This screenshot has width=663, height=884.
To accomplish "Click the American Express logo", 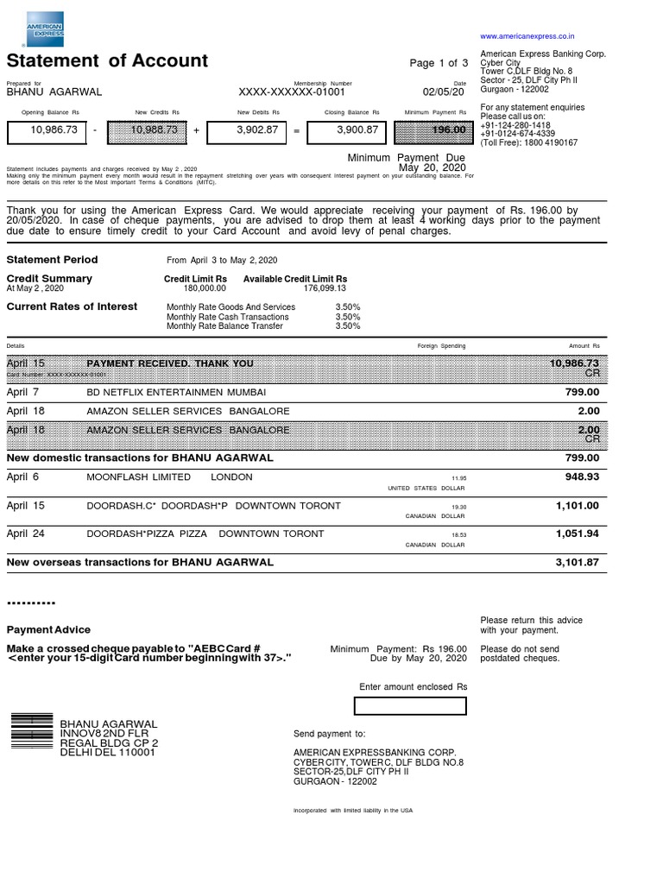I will click(45, 29).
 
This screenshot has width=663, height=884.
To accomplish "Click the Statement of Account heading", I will click(107, 60).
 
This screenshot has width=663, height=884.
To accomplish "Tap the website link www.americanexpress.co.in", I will click(527, 36).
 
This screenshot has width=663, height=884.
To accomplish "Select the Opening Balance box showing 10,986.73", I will click(46, 130).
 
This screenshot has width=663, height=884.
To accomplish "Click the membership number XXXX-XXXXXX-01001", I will click(292, 92).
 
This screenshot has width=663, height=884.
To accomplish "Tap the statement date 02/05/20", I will click(443, 92).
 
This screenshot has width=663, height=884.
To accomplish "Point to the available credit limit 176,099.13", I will click(325, 288).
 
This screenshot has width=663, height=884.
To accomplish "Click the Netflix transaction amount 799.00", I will click(582, 392).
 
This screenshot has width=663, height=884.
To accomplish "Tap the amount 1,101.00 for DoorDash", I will click(578, 506).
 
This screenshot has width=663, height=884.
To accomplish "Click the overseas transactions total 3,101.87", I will click(577, 562).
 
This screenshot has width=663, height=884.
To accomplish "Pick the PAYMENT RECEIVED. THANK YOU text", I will click(170, 363).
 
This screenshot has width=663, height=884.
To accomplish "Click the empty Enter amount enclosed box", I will click(410, 706).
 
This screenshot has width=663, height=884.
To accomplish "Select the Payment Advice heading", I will click(48, 630).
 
